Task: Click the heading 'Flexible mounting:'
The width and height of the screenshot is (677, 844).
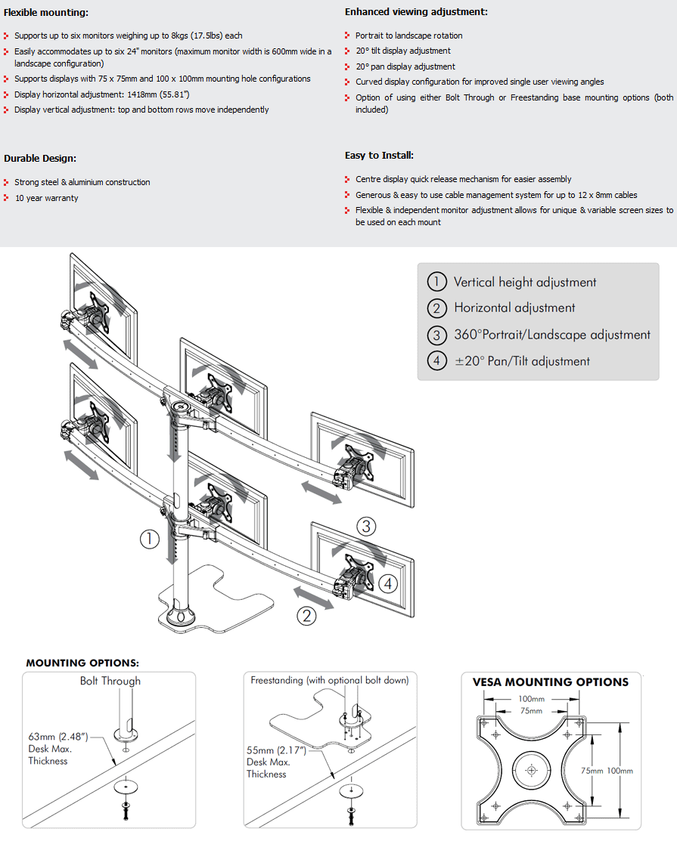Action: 46,13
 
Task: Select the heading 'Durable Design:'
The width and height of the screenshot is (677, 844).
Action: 40,159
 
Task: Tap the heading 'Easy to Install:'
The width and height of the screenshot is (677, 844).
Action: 379,156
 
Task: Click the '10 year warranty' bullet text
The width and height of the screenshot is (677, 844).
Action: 47,198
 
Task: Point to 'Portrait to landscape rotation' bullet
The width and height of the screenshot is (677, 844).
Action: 409,36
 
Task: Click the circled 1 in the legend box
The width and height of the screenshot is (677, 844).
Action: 436,282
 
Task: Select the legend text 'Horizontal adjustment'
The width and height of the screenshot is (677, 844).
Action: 514,308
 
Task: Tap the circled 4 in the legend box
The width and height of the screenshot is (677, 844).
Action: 436,361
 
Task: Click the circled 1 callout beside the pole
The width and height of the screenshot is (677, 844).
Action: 148,539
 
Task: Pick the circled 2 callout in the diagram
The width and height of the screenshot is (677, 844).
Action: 306,616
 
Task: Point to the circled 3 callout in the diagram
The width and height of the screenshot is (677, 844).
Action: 366,526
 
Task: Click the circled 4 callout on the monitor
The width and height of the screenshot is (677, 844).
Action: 387,583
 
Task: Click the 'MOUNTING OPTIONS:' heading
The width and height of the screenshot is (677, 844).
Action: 82,663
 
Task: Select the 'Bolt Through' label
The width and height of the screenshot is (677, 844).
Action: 110,681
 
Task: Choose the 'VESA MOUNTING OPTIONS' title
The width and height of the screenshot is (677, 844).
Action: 551,682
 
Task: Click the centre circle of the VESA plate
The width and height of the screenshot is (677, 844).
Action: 530,770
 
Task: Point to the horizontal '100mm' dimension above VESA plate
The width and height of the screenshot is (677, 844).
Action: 532,700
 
